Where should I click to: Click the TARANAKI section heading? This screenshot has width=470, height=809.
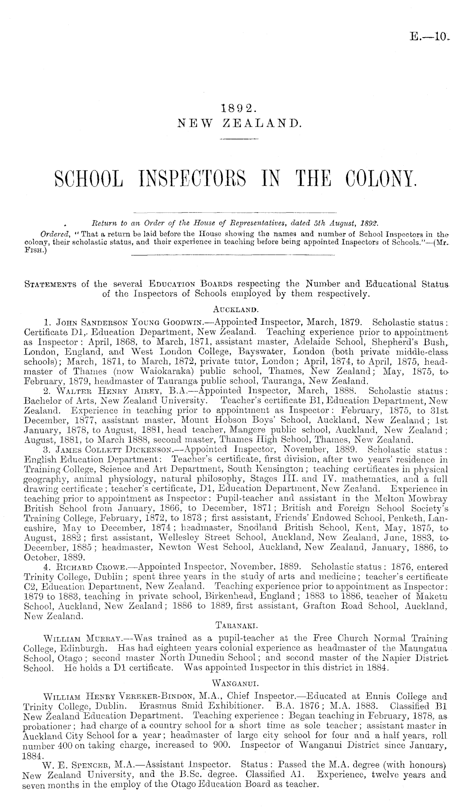pos(235,622)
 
